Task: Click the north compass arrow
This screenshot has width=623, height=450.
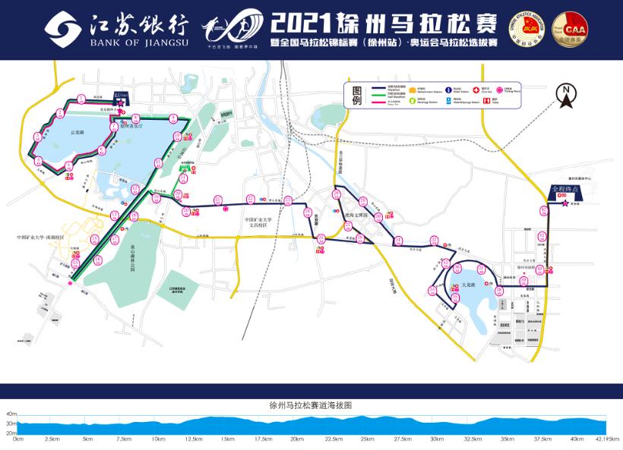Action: [x=566, y=93]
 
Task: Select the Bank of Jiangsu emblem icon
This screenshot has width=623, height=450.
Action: [x=65, y=28]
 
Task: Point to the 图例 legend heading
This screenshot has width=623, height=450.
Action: [x=358, y=96]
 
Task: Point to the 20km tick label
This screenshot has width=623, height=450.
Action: [x=297, y=439]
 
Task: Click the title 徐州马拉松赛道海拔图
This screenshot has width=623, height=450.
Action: [x=311, y=405]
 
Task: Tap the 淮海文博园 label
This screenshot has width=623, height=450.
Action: [x=355, y=216]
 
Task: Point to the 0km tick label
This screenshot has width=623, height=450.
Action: [x=18, y=439]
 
